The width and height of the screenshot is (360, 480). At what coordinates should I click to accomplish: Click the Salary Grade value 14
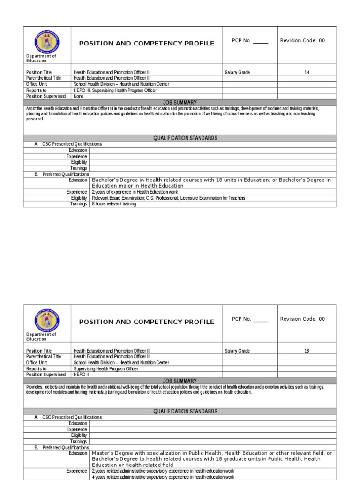coord(307,73)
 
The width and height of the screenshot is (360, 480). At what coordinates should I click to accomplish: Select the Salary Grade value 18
coord(307,351)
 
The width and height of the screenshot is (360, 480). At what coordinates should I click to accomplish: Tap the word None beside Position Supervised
coord(79,96)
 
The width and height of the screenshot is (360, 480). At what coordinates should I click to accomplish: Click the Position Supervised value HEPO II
coord(80,375)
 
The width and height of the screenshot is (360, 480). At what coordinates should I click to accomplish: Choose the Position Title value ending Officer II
coord(112,73)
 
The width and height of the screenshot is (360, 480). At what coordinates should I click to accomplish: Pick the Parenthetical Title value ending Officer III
coord(112,357)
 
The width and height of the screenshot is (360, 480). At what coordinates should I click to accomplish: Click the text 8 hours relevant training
coord(114,204)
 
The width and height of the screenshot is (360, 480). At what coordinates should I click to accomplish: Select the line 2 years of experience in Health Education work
coord(135,192)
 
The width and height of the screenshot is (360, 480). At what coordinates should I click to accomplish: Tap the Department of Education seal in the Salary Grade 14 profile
coord(47,42)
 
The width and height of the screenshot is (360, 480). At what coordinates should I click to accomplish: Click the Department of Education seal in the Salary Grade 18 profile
coord(47,320)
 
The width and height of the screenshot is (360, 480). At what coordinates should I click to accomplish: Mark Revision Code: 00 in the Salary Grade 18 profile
coord(302,319)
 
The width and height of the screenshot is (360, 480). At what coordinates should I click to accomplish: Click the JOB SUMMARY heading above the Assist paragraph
coord(180,102)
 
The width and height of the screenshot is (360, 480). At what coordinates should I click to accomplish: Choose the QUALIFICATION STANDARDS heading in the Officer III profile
coord(185,411)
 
